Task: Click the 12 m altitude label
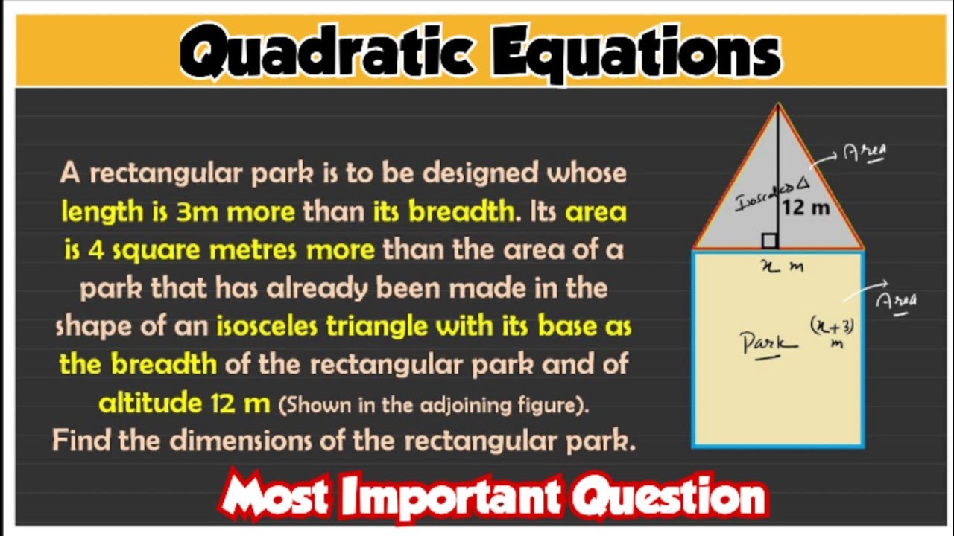(x=806, y=208)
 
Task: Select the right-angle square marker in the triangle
(x=770, y=240)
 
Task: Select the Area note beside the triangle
(x=865, y=153)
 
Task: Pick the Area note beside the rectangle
(x=896, y=300)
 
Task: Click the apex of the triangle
(x=778, y=106)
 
